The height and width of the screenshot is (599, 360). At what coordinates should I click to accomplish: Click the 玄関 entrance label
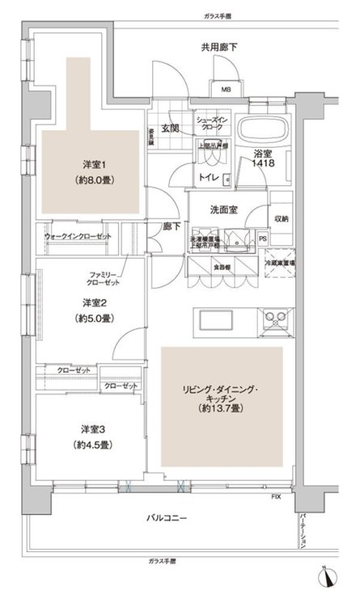coord(169,128)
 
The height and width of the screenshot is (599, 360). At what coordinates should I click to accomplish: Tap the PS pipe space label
coord(263,239)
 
